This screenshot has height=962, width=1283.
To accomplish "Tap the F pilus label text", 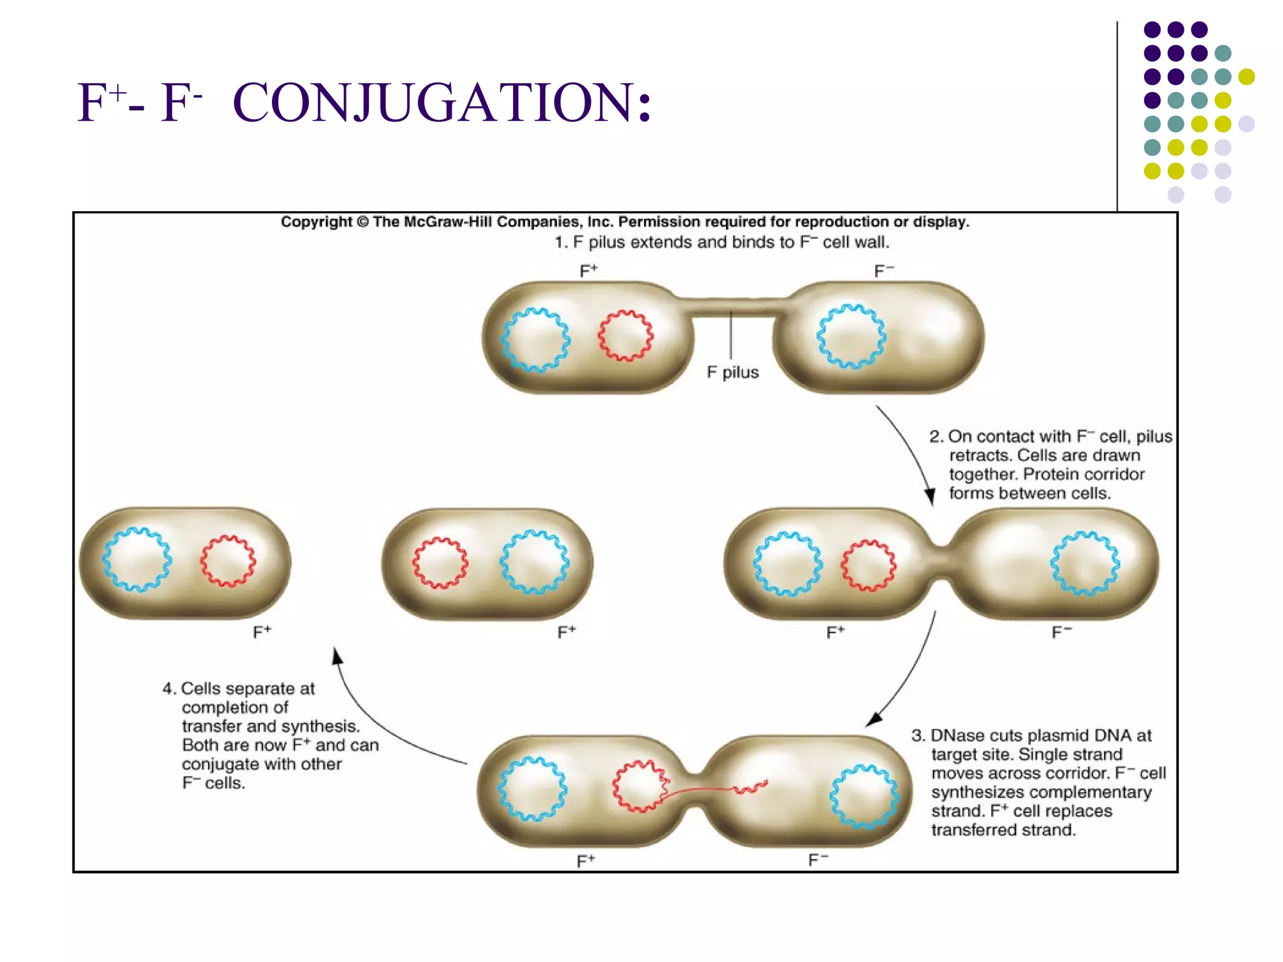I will click(x=732, y=373).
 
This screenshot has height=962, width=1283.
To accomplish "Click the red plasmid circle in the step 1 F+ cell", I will click(x=625, y=335).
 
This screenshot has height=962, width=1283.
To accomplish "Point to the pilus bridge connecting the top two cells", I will click(x=730, y=308).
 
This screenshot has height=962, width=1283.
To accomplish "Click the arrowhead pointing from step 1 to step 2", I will click(x=930, y=497).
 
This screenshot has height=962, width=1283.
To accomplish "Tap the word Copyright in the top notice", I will click(x=316, y=222).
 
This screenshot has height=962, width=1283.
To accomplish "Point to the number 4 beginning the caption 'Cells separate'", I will click(x=167, y=689).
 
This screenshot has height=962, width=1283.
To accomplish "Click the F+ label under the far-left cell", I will click(x=262, y=633).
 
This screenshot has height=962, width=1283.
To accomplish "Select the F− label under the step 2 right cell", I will click(x=1061, y=633).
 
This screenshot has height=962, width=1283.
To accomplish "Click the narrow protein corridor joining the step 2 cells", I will click(x=941, y=564).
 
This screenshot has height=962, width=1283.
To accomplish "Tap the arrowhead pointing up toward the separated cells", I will click(x=336, y=656).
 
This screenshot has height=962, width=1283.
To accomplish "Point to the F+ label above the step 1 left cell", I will click(x=588, y=271).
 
